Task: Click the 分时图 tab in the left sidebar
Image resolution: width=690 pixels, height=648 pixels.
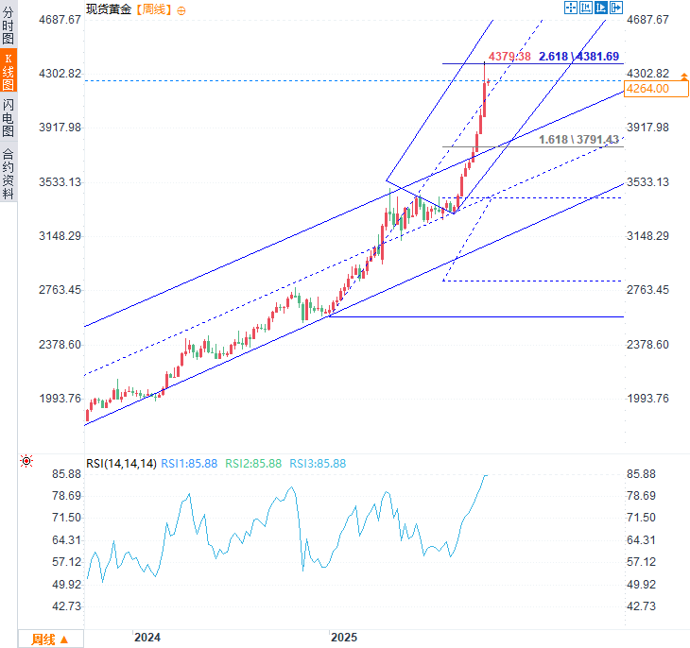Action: click(8, 26)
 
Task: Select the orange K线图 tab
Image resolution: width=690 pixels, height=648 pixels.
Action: click(8, 71)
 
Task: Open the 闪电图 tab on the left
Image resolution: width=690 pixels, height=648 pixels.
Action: click(8, 118)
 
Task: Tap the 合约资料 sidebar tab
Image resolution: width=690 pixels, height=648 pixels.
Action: click(8, 174)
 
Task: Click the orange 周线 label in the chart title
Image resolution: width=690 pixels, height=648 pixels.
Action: click(154, 9)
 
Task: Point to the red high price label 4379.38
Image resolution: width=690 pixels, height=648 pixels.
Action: click(509, 57)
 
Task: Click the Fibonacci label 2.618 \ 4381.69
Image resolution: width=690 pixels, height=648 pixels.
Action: click(578, 57)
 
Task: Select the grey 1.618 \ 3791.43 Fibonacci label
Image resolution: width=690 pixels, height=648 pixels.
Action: click(578, 140)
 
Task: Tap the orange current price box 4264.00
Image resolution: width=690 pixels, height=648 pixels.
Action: click(648, 89)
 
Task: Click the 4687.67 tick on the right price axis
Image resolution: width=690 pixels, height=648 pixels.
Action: click(647, 20)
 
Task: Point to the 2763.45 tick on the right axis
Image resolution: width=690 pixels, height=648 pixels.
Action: click(647, 290)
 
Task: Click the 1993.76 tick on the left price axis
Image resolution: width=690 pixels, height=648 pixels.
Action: click(59, 399)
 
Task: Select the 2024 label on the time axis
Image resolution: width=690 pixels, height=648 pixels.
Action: click(147, 639)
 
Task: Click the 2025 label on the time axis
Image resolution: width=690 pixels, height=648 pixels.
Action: click(344, 639)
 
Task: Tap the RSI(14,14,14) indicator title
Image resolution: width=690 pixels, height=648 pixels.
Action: click(121, 464)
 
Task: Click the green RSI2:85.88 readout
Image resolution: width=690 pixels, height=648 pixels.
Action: click(252, 464)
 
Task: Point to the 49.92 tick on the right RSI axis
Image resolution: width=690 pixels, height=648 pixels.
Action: click(647, 585)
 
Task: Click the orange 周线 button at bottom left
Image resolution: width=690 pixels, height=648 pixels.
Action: click(49, 639)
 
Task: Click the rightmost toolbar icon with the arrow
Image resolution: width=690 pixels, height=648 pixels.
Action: click(617, 8)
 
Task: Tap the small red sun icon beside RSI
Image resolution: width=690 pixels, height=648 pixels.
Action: click(26, 462)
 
